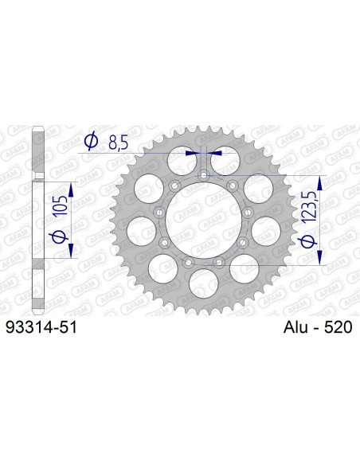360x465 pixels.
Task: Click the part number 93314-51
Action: (41, 327)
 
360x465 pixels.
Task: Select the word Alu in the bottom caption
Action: (295, 327)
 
